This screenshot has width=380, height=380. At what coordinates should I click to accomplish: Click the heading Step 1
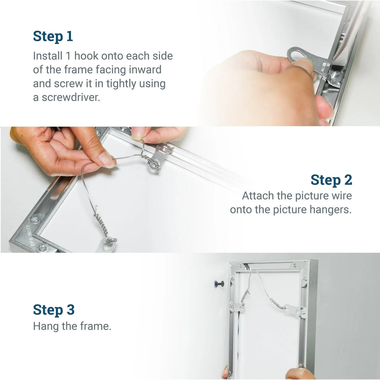pos(53,36)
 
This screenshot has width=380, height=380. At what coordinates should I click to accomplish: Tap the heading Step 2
pos(331,180)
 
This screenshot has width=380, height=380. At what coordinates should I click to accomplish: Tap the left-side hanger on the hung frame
pos(237,307)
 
